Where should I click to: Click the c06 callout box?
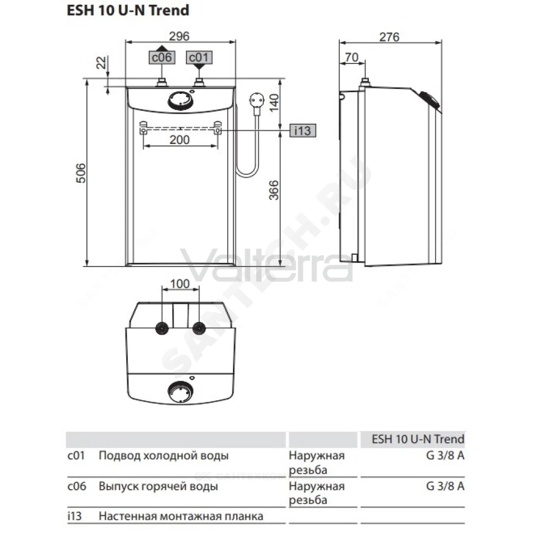(162, 57)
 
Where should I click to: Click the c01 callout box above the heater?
(199, 57)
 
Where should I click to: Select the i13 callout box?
(303, 131)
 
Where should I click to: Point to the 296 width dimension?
(179, 36)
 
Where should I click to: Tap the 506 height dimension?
(81, 173)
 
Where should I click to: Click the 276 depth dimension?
(389, 37)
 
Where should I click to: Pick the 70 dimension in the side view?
(351, 57)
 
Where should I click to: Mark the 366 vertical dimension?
(273, 190)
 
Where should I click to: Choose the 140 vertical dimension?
(273, 102)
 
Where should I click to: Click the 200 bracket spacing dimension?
(180, 139)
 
